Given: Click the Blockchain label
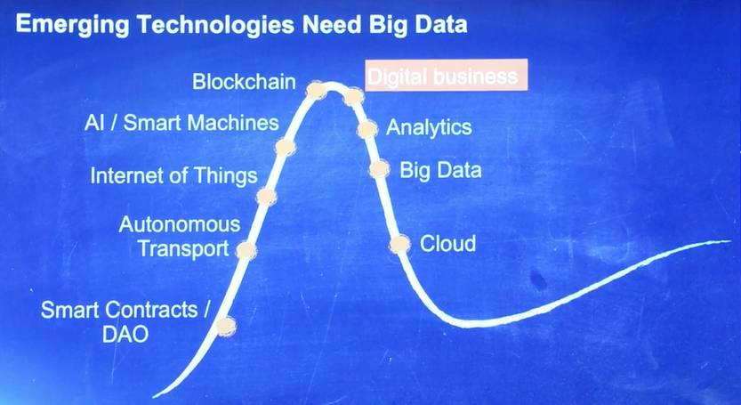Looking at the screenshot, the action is click(x=244, y=82).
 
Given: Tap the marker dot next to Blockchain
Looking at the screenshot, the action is click(x=317, y=89).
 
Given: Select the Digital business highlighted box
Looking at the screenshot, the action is click(x=447, y=75).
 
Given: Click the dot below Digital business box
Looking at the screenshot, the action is click(x=353, y=96).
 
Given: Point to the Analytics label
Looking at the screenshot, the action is click(x=429, y=128).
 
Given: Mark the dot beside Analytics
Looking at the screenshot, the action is click(x=367, y=129).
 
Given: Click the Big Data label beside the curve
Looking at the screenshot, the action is click(x=440, y=170).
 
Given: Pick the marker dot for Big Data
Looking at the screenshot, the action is click(x=380, y=169).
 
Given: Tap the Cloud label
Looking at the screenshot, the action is click(x=447, y=244).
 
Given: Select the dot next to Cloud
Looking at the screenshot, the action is click(x=399, y=244).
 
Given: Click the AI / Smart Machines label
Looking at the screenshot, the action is click(x=182, y=123).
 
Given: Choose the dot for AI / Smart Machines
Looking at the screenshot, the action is click(x=286, y=147).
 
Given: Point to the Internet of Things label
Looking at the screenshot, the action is click(x=174, y=176).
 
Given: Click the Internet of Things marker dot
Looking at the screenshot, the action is click(x=266, y=197).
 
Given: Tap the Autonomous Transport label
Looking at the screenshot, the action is click(x=180, y=237).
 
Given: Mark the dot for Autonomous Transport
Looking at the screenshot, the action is click(x=246, y=250).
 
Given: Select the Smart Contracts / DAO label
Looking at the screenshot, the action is click(x=125, y=321).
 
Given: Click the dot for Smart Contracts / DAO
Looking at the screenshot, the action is click(x=226, y=326).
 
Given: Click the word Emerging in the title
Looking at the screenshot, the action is click(x=72, y=25).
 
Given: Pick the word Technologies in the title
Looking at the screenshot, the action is click(x=215, y=25).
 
